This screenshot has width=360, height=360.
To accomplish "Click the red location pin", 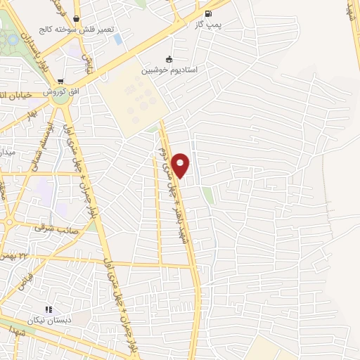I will pos(181,165).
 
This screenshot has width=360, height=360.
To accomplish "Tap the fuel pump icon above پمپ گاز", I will pos(207,14).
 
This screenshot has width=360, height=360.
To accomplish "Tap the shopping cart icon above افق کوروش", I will pos(62,82).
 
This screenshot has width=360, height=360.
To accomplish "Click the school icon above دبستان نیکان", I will pos(49,309).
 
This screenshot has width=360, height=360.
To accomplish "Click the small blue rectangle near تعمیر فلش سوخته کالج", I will pos(117,38).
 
